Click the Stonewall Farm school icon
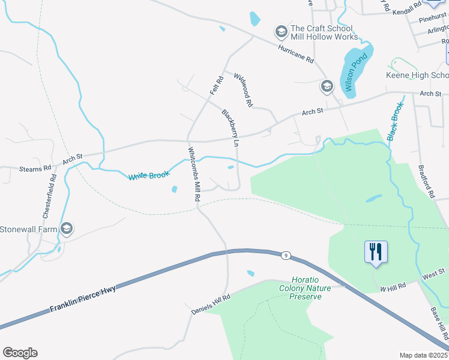pos(67,228)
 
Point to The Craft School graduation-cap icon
pos(280,31)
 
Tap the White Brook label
pos(149,175)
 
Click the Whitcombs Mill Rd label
pos(194,174)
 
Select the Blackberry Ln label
pos(231,128)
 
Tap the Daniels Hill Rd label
pos(211,305)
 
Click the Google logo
pos(20,353)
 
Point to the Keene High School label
pos(417,75)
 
